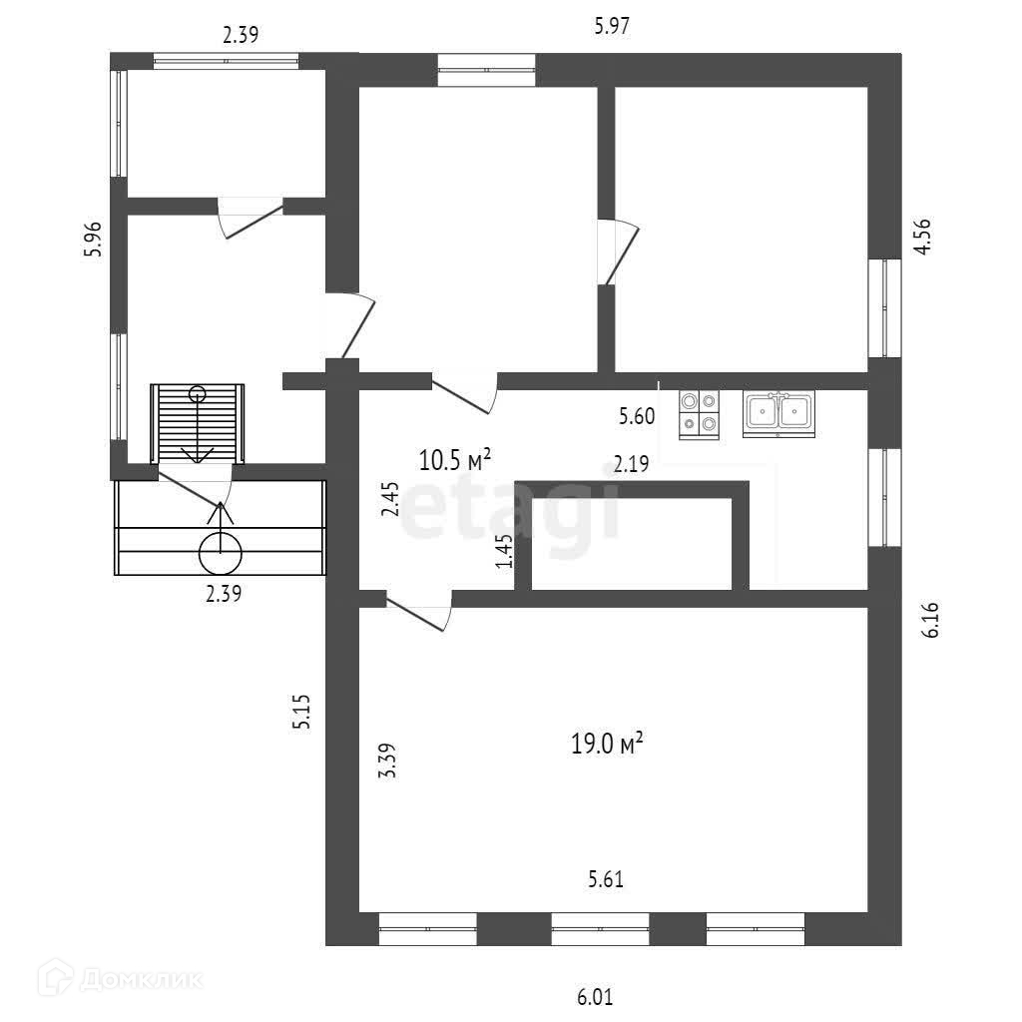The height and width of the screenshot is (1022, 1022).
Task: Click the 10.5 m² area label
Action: click(455, 460)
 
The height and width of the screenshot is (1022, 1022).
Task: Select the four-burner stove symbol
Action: click(699, 413)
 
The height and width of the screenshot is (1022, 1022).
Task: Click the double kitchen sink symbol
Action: click(778, 412)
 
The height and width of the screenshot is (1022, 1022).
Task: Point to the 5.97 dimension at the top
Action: click(611, 27)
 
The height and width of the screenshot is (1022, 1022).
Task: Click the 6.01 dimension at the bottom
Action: click(595, 996)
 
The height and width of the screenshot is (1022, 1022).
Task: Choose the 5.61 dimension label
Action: click(606, 879)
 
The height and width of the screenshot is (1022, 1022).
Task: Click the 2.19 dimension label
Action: click(631, 463)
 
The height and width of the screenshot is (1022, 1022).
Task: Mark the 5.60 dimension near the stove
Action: click(637, 417)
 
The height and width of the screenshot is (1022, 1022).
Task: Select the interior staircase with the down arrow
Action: click(198, 423)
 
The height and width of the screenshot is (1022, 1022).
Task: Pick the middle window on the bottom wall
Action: click(600, 929)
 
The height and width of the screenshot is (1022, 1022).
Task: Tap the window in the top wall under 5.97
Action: click(486, 70)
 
